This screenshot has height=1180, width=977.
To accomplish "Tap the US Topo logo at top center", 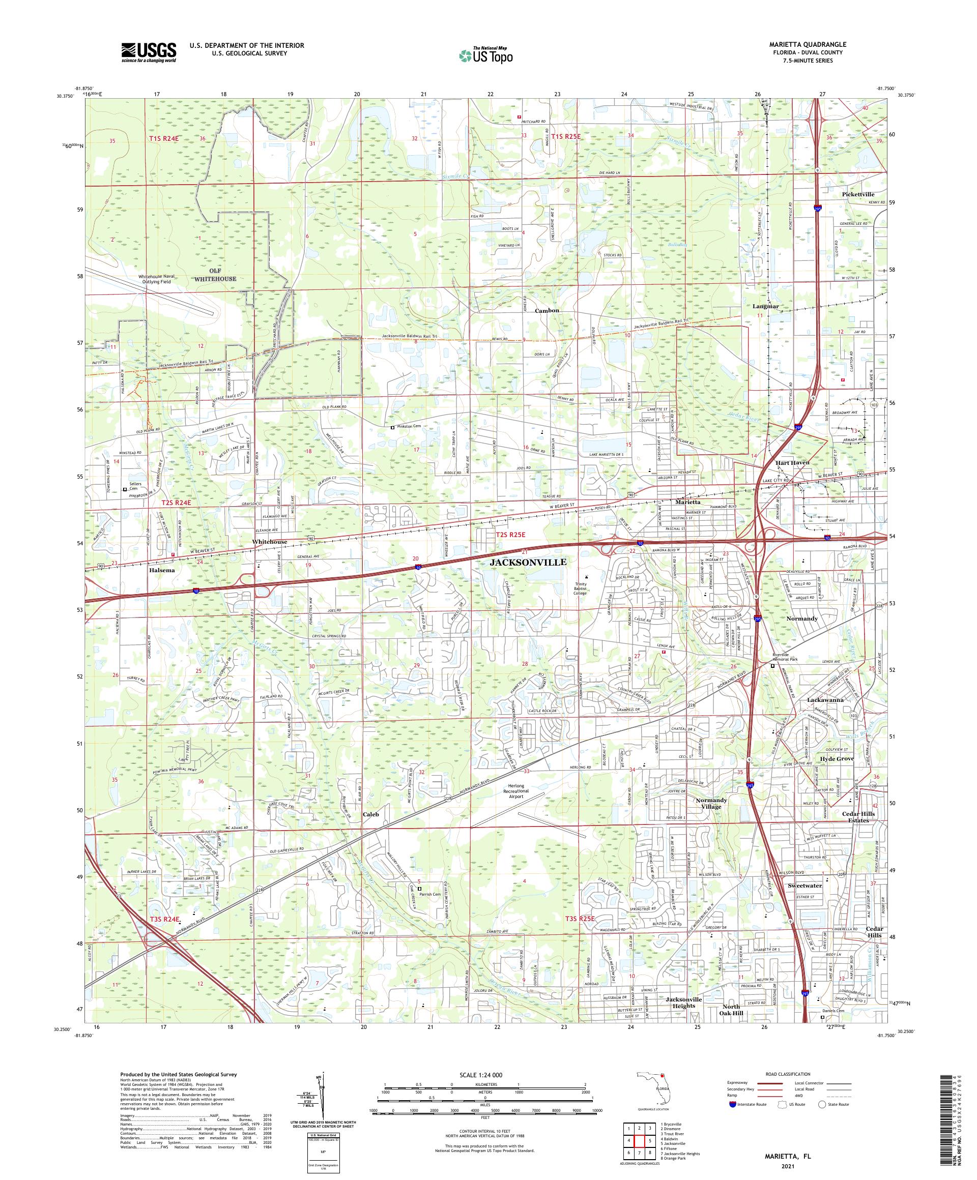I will pos(486,55).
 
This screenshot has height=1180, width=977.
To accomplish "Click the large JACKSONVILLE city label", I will pos(528,562).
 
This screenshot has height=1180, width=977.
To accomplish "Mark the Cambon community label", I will pos(547,311).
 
